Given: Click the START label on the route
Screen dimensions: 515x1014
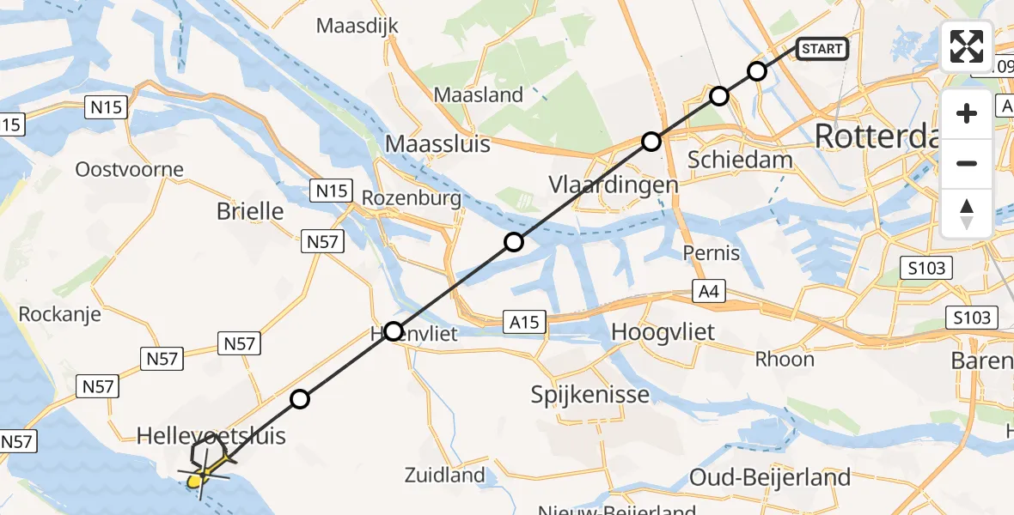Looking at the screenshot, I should point(822,49).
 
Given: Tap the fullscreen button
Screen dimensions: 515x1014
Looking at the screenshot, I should point(967,46).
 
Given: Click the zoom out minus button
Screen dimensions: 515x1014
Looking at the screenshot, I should point(967,163).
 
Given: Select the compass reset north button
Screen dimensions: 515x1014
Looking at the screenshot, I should point(967,213).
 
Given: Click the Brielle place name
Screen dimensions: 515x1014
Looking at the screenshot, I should point(251,210).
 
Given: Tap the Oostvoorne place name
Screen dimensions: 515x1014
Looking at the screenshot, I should point(130,169).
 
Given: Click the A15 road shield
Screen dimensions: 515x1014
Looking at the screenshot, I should point(523,322).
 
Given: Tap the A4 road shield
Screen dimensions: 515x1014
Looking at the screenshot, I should point(707,293).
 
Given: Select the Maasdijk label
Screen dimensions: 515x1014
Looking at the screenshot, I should point(357,26).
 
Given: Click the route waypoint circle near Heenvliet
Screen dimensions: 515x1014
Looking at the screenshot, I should point(393,330).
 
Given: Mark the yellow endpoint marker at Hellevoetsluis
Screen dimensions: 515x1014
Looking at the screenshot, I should point(196,481).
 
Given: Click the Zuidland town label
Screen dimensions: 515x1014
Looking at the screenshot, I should point(445,474).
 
